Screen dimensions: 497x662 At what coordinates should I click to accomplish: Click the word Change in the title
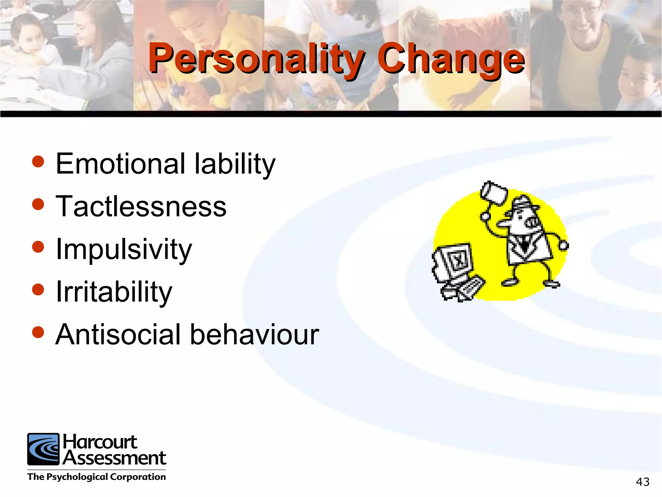[x=451, y=59]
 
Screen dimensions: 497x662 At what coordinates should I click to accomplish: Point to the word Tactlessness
[x=141, y=206]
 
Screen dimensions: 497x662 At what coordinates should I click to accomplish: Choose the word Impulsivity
[x=124, y=249]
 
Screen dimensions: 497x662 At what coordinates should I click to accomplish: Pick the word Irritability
[x=114, y=292]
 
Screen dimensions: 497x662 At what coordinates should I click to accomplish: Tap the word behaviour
[x=254, y=335]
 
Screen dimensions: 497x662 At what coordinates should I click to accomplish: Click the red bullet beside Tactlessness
[x=38, y=204]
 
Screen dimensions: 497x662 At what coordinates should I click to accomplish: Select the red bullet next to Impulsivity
[x=38, y=247]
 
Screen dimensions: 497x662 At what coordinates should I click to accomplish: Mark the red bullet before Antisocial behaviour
[x=38, y=332]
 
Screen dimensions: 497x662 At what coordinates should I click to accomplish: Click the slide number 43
[x=642, y=482]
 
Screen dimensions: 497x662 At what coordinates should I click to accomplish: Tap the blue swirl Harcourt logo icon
[x=43, y=449]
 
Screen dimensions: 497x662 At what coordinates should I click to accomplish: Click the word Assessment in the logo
[x=114, y=458]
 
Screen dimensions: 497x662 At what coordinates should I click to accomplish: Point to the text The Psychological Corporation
[x=96, y=477]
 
